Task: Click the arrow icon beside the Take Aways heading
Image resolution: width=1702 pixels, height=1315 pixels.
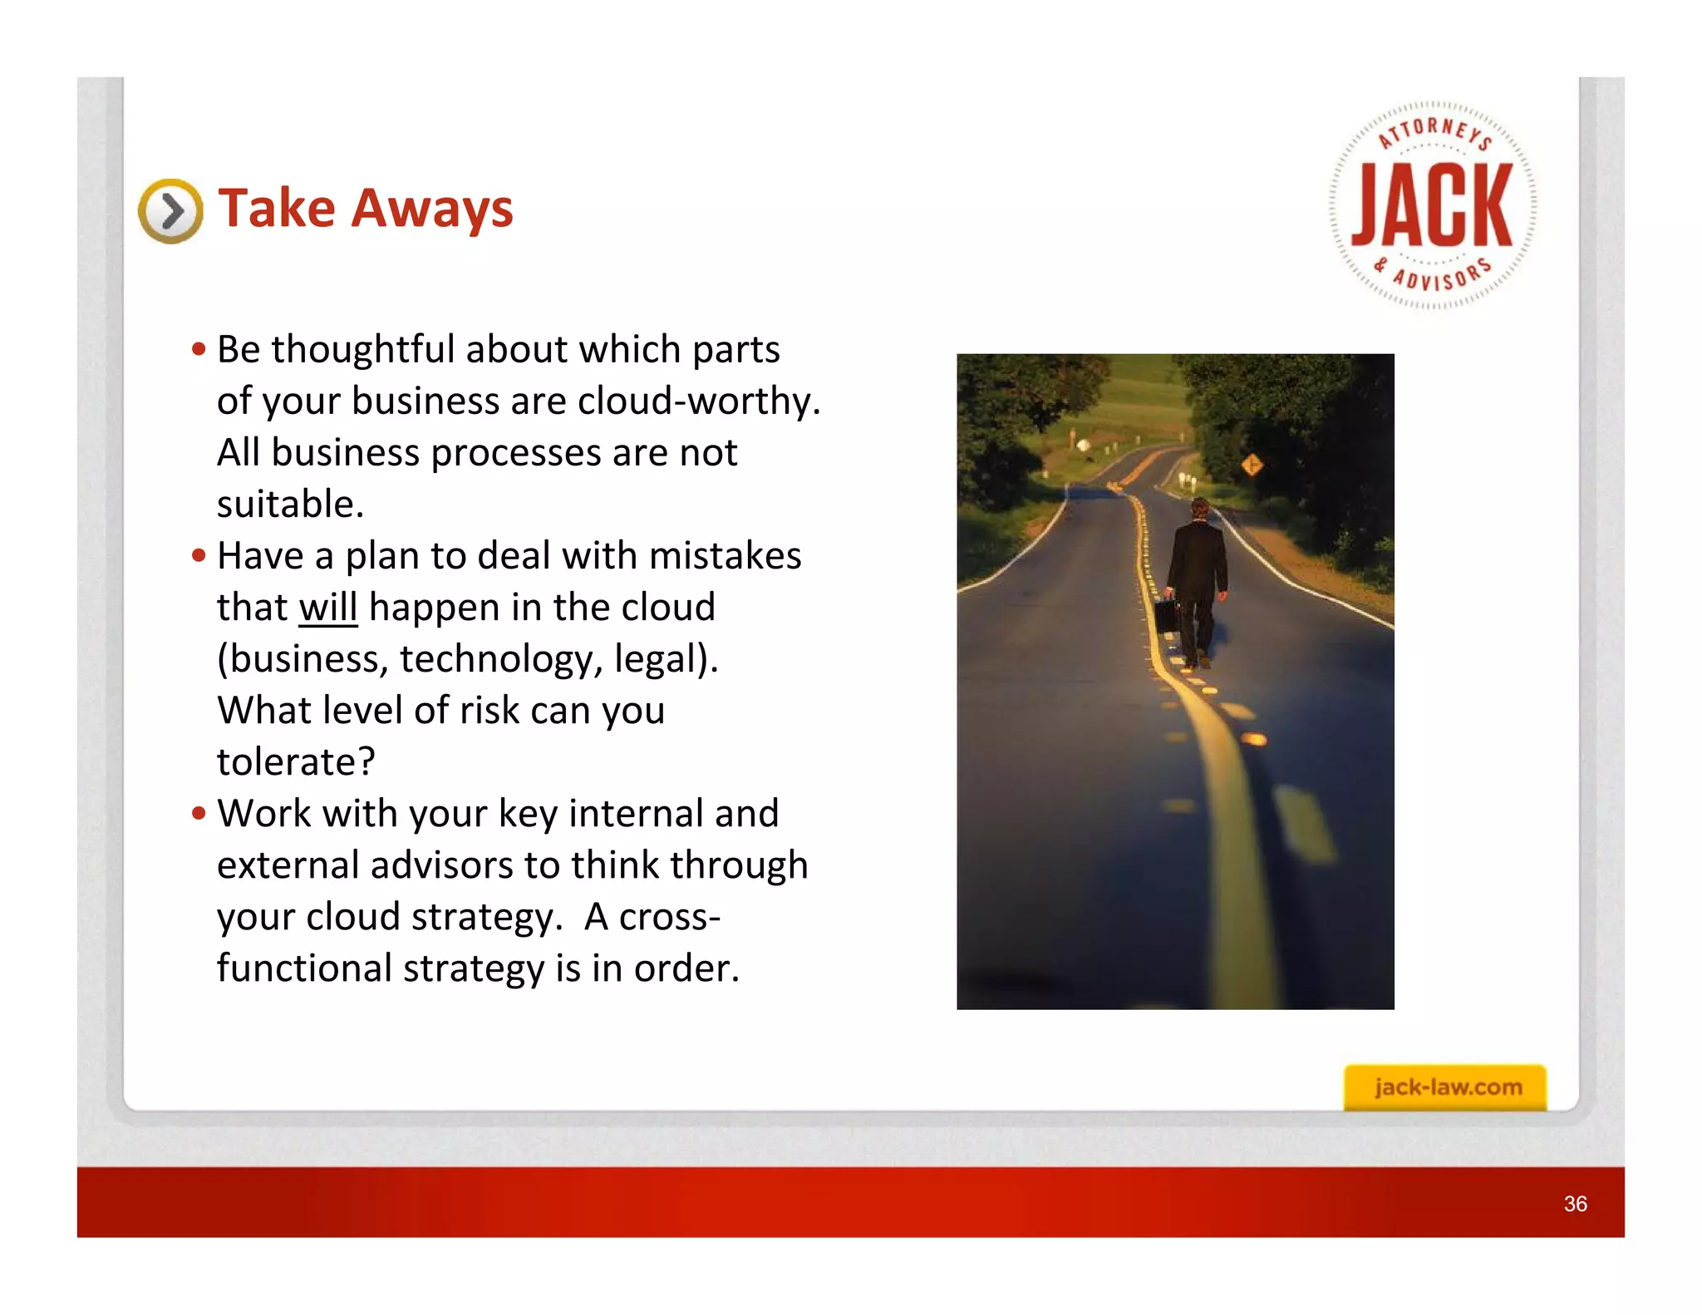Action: (170, 211)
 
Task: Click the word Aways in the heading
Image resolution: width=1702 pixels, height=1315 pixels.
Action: (432, 208)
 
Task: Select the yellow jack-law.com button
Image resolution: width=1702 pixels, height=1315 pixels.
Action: (1445, 1086)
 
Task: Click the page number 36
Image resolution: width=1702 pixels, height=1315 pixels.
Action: (1575, 1204)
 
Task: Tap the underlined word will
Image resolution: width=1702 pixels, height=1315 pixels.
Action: (328, 607)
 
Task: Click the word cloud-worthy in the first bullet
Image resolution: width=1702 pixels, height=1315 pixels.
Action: (698, 401)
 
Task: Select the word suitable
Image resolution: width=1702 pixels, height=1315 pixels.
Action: (290, 504)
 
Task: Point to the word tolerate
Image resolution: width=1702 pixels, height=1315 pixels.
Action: (295, 761)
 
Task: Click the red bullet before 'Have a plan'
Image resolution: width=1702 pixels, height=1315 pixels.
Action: (199, 554)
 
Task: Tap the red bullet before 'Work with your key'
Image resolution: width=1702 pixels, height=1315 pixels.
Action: (199, 813)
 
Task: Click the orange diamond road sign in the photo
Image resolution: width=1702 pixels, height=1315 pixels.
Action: (1252, 465)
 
